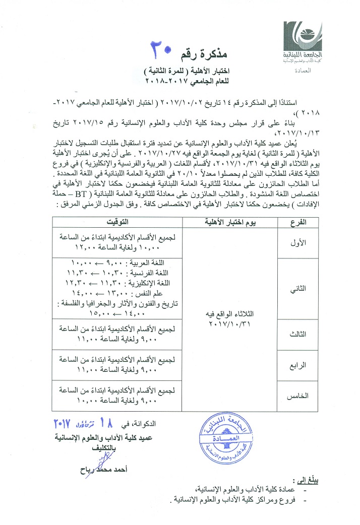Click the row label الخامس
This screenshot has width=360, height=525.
click(x=304, y=397)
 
